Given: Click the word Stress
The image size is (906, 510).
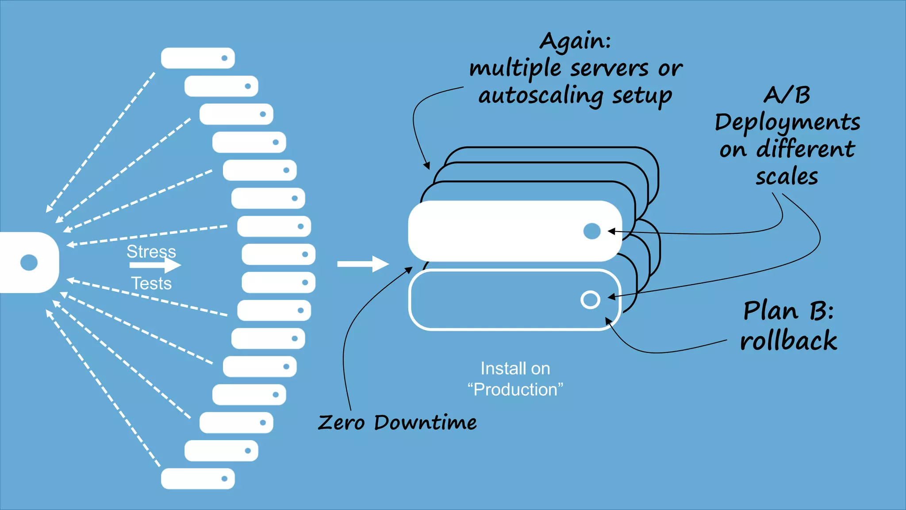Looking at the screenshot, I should (x=151, y=251).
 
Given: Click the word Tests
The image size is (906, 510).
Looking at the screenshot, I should (x=151, y=283).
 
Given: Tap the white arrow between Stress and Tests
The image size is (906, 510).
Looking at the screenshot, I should (x=155, y=265).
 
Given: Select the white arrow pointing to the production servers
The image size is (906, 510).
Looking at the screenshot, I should (x=362, y=264).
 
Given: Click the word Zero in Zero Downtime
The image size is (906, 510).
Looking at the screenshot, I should (x=341, y=422).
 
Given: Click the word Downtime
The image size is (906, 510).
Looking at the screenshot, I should (x=425, y=422).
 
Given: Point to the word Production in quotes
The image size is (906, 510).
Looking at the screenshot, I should (x=515, y=390).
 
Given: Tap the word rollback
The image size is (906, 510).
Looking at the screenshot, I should (x=788, y=341).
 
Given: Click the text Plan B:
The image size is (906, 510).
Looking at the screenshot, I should (x=788, y=311).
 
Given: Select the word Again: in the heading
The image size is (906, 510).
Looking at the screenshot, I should (x=575, y=42).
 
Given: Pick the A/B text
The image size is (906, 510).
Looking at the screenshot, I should (x=787, y=95).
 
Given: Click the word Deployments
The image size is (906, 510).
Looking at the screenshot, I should (x=787, y=123).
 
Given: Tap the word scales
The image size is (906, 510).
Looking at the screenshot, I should (x=787, y=177).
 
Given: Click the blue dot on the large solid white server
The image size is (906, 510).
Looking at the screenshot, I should (x=592, y=231).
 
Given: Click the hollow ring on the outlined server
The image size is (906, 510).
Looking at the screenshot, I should (x=590, y=300).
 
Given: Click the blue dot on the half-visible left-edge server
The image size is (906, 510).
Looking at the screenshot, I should (x=29, y=263).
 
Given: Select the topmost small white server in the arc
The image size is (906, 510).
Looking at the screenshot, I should (x=197, y=58).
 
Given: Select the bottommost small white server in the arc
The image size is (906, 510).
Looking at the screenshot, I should (x=197, y=479).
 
